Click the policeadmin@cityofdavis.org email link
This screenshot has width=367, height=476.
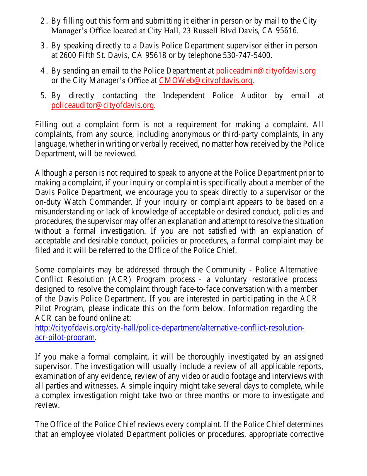(266, 71)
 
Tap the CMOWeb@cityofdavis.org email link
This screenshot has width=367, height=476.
(206, 80)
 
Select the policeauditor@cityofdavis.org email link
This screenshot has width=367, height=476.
(103, 105)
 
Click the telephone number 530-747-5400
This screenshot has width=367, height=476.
(247, 55)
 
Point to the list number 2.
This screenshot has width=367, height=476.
(43, 21)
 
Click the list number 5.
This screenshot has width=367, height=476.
(43, 96)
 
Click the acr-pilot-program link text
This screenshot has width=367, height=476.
(65, 337)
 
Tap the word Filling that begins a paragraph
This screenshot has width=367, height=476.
(45, 125)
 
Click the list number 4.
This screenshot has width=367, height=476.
(43, 71)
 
